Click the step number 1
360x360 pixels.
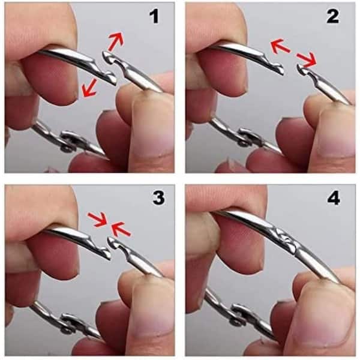154,17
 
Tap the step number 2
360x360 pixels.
332,17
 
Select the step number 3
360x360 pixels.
158,198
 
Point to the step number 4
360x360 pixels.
334,199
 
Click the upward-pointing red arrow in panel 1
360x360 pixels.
116,41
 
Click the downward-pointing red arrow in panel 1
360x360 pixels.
90,88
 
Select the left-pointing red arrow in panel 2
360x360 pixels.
281,46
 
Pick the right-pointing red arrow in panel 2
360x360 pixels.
307,59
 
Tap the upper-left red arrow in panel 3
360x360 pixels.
98,220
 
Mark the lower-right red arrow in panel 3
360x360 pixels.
121,229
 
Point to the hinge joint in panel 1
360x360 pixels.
69,142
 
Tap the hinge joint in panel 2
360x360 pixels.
248,138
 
